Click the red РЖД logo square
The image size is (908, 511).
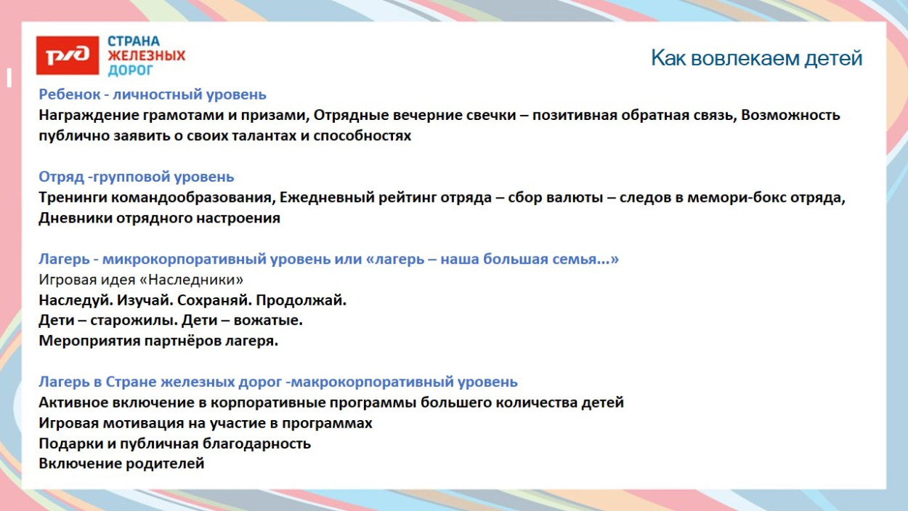68,55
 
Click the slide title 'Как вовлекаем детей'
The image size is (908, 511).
756,58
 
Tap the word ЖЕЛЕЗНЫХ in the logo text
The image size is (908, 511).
146,55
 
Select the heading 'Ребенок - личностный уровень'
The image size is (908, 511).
153,94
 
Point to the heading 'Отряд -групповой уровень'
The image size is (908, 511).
137,177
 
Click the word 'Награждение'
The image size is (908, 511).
84,115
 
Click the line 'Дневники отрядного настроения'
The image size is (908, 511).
159,218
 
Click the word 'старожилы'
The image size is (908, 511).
129,321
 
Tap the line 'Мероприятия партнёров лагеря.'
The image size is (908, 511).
158,341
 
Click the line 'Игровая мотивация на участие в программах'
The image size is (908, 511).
206,423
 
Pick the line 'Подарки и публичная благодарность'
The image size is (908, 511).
175,443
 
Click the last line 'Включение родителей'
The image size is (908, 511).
121,464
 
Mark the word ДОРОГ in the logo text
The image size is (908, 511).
131,70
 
